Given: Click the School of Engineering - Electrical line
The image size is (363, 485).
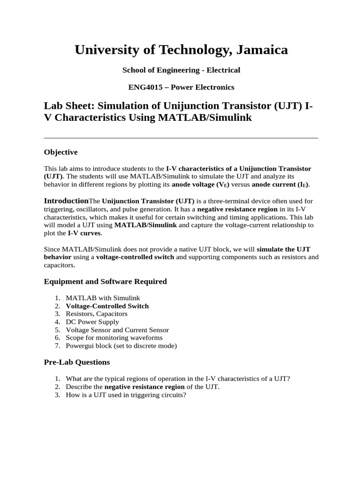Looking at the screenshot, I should [181, 70].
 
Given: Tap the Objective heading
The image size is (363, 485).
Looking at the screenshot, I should [60, 152].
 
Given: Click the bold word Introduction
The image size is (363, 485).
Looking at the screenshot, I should [66, 201].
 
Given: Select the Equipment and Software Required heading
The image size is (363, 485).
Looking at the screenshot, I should [105, 281].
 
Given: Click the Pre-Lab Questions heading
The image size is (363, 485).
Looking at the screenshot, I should [77, 362].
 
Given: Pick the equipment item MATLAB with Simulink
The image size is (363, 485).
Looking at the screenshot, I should [103, 298].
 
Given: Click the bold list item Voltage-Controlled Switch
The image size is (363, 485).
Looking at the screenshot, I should [107, 306].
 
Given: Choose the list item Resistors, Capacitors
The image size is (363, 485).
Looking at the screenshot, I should [96, 314].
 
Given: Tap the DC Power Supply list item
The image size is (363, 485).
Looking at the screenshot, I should [92, 322].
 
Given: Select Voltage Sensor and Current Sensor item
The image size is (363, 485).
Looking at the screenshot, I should [117, 330].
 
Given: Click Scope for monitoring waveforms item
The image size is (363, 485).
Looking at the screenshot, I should [114, 338].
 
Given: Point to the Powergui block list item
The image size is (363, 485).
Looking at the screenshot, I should [121, 346].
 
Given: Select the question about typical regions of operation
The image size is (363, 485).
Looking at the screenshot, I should [178, 379].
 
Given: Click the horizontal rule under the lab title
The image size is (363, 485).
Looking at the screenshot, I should [181, 138].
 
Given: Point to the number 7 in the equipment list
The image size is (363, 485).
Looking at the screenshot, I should [57, 346].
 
